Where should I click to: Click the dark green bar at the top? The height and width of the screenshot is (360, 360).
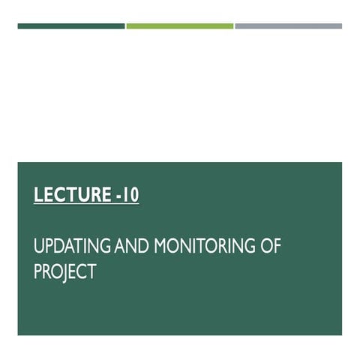coord(71,26)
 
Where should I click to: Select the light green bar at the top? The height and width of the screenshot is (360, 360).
coord(180,26)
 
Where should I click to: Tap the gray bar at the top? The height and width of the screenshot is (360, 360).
coord(289,26)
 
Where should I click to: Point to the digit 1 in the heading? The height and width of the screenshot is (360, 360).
coord(126,196)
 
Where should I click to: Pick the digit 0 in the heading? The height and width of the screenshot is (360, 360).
coord(133,196)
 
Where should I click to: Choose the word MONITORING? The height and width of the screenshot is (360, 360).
coord(202,247)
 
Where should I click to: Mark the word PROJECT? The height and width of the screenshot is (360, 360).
coord(65,271)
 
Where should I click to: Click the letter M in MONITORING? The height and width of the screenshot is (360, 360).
coord(160,247)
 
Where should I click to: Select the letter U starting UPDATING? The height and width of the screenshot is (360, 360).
coord(39,247)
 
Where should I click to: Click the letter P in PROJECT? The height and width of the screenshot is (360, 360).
coord(37,271)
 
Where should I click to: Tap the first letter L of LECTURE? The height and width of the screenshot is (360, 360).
coord(38,196)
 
